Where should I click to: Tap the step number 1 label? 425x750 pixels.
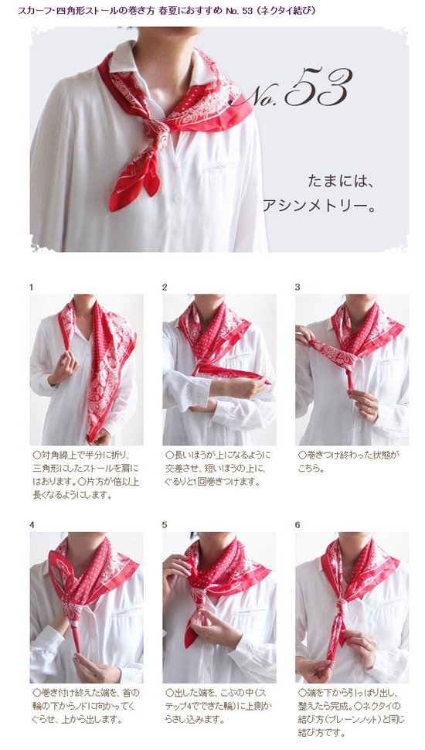(x=31, y=288)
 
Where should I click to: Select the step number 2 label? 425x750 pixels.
(x=165, y=288)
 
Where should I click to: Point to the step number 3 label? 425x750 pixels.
(x=297, y=288)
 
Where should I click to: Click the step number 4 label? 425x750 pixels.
(x=32, y=525)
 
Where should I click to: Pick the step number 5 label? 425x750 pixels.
(x=165, y=525)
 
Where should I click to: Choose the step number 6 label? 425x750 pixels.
(x=297, y=525)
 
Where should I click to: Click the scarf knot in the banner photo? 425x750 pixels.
(x=158, y=131)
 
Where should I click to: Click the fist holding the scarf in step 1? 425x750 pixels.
(x=65, y=367)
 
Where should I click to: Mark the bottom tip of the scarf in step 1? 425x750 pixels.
(x=90, y=439)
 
